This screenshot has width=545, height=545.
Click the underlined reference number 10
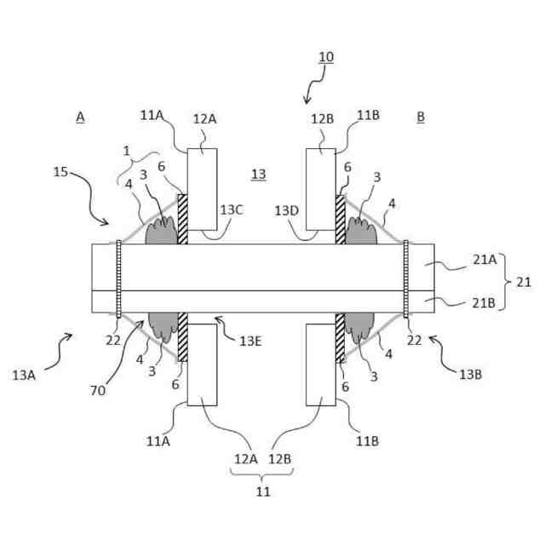326,57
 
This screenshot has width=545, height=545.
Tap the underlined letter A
80,117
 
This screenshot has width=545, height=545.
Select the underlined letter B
421,117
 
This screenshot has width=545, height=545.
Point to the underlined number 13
259,175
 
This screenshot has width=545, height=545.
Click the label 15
61,172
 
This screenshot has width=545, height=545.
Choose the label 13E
250,341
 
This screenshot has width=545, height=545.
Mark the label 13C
232,209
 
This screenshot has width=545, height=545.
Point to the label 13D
286,209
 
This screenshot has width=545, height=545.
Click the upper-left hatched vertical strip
181,219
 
